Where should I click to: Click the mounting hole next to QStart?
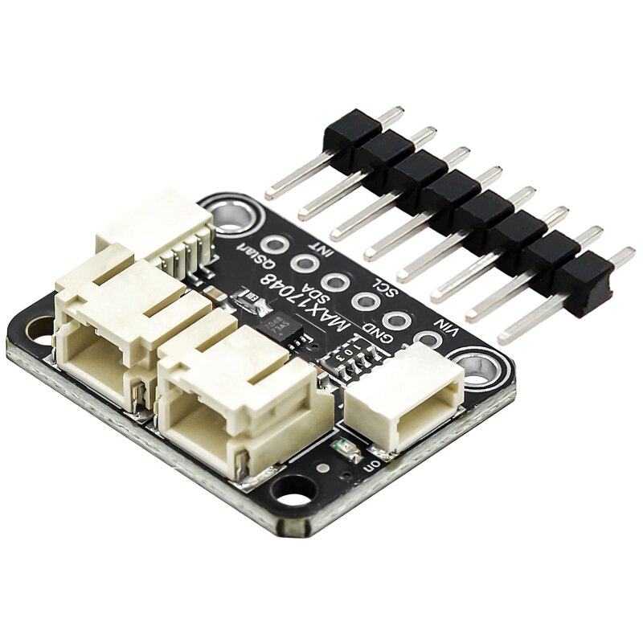click(x=231, y=215)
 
